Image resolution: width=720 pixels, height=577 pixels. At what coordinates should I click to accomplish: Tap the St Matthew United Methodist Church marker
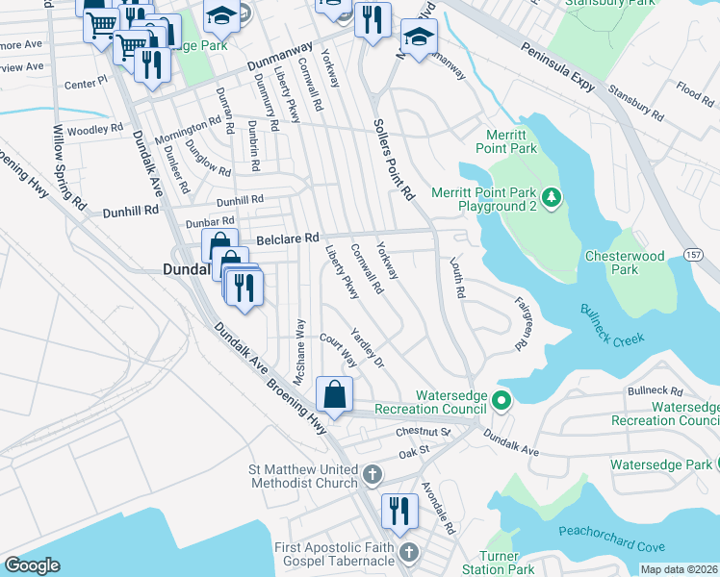(x=373, y=475)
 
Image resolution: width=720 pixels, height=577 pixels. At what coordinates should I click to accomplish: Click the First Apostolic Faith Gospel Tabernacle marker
(x=410, y=553)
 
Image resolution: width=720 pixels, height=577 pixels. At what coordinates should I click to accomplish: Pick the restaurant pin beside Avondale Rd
(x=399, y=511)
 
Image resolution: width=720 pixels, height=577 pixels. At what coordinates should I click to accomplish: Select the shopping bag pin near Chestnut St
(x=334, y=394)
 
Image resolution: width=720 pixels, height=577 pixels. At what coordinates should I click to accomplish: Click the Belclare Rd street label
(x=287, y=238)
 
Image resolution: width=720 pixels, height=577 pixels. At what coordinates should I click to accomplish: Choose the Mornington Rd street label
(x=189, y=128)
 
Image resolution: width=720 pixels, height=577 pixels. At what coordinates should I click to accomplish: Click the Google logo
(x=32, y=565)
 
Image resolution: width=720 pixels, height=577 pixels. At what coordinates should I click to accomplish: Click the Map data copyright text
(x=678, y=569)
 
